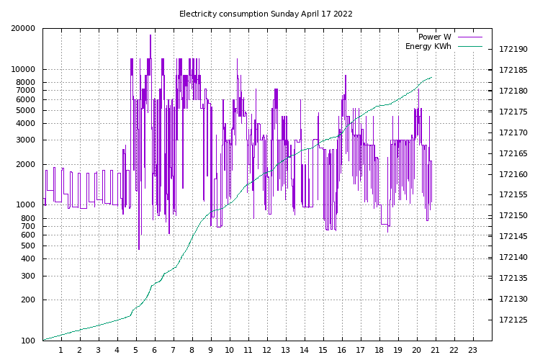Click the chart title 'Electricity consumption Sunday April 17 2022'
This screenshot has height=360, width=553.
tap(266, 14)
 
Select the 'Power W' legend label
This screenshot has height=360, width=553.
tap(434, 37)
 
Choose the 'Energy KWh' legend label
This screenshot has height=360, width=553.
tap(428, 47)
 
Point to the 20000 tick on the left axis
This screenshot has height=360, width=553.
tap(24, 29)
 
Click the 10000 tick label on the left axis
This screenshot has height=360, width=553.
tap(24, 70)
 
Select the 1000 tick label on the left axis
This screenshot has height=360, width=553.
tap(26, 205)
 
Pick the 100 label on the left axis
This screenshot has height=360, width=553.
tap(28, 341)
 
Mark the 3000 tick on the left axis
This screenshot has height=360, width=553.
tap(26, 140)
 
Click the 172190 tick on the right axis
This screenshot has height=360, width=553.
tap(513, 50)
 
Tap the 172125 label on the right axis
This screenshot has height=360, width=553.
tap(513, 320)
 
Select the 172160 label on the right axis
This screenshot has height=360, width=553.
tap(513, 174)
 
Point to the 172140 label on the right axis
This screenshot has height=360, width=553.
tap(513, 258)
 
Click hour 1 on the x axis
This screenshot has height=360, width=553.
tap(61, 351)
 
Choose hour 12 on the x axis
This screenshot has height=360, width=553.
tap(267, 351)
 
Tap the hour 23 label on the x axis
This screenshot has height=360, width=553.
tap(473, 351)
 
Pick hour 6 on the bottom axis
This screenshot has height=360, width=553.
tap(155, 351)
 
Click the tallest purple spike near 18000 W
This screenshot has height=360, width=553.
tap(150, 36)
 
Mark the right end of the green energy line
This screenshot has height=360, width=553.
tap(432, 77)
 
